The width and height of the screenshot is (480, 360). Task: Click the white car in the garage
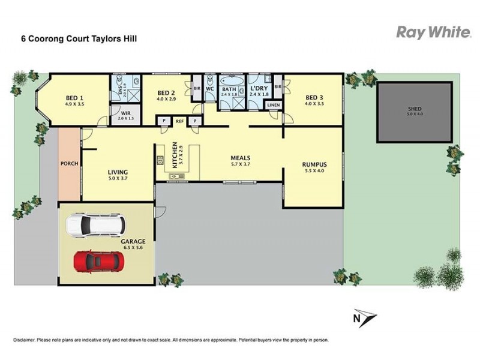coord(96,224)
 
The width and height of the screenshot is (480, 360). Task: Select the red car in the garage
coord(99,261)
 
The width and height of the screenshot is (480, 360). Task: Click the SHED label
coord(415,110)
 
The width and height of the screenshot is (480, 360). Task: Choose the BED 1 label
coord(74,98)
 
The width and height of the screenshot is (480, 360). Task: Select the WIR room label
coord(125,113)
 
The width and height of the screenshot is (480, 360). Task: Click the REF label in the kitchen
coord(179,121)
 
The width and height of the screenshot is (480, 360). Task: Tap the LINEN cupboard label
coord(273,106)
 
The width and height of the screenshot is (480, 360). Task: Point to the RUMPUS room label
coord(314,163)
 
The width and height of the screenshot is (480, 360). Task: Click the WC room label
coord(210,88)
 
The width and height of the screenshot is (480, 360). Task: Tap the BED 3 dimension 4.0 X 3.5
coord(314,104)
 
